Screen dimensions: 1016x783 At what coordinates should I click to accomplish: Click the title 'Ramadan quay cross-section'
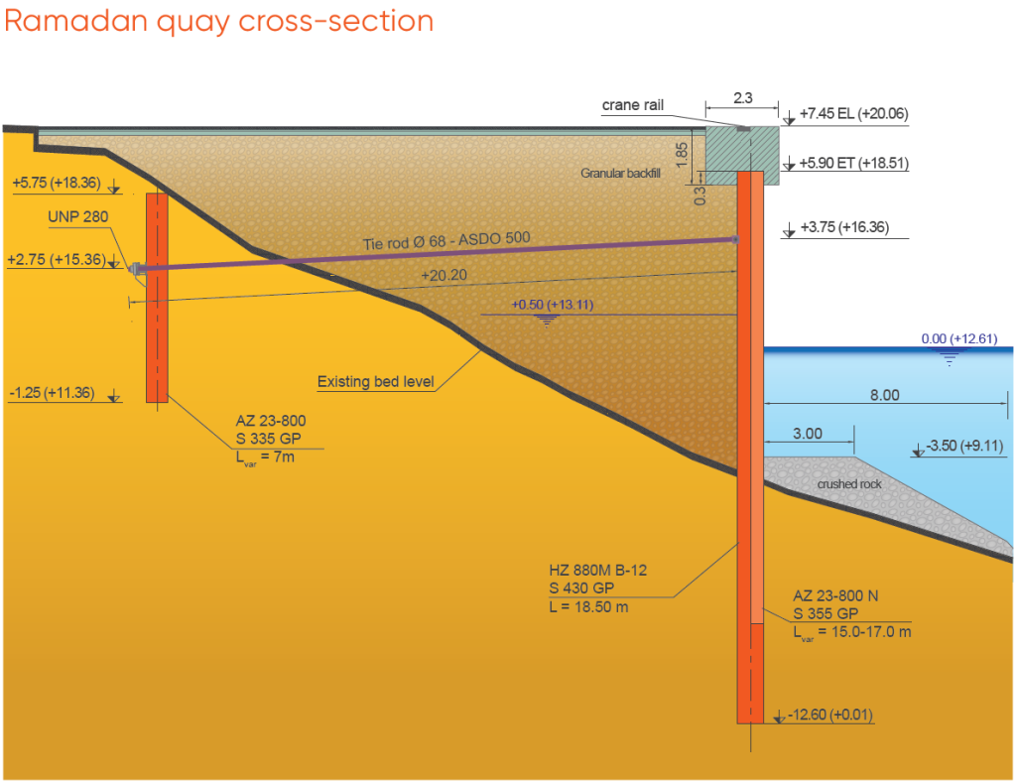(x=219, y=21)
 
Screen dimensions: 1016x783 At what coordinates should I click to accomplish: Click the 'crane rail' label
(x=633, y=105)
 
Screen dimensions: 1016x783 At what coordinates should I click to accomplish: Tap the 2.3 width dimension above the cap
(x=742, y=98)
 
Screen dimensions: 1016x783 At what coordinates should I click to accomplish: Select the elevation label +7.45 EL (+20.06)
(x=853, y=113)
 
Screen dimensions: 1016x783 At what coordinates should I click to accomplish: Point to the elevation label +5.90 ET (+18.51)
(x=853, y=163)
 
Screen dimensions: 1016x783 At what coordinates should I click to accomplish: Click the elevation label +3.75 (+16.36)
(x=844, y=227)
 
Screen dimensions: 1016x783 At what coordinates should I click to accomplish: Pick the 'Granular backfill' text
(x=620, y=173)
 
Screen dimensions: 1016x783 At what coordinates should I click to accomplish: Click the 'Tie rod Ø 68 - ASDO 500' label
(x=446, y=240)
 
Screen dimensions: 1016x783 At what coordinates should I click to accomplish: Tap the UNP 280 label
(x=77, y=216)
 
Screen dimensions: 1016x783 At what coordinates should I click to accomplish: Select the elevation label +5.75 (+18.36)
(x=57, y=183)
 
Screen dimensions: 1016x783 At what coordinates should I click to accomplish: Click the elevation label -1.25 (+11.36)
(x=52, y=393)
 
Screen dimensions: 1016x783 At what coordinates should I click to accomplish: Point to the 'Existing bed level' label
(x=375, y=382)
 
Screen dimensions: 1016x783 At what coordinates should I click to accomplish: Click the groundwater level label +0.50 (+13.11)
(x=552, y=305)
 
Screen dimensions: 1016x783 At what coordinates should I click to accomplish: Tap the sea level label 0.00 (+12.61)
(x=959, y=338)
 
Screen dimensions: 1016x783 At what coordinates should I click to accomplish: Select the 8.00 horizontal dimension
(x=884, y=395)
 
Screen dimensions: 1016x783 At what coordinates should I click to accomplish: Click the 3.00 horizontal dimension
(x=808, y=434)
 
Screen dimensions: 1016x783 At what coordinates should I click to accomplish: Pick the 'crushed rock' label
(x=849, y=484)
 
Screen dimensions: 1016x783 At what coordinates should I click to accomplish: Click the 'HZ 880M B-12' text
(x=597, y=571)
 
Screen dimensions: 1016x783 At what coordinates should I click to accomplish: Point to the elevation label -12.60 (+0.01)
(x=830, y=715)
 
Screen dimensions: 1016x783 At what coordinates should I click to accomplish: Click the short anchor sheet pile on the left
(x=157, y=298)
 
